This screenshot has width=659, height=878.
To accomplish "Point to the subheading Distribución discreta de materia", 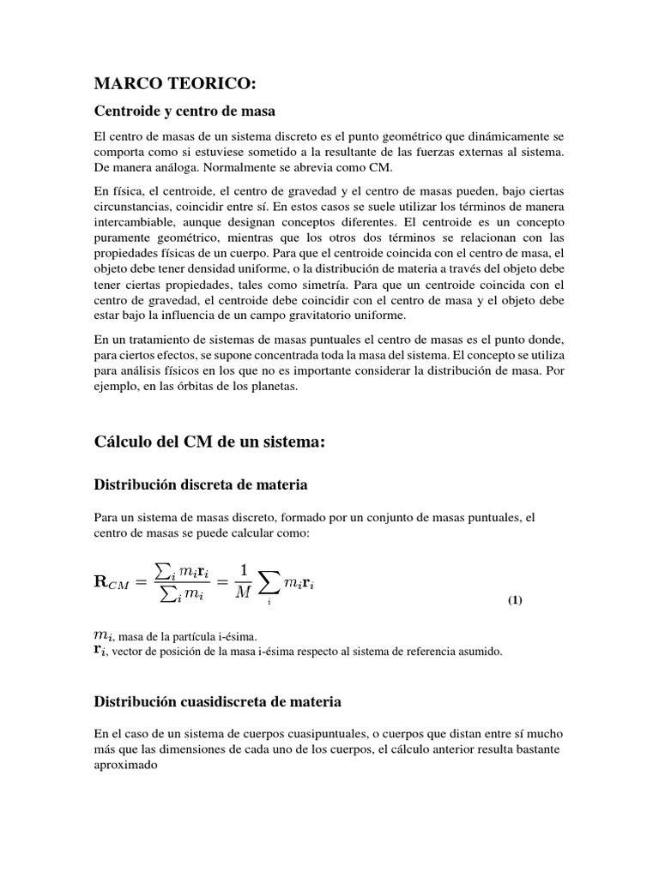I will (x=200, y=485).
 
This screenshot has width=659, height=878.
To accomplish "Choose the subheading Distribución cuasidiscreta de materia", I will (x=217, y=701).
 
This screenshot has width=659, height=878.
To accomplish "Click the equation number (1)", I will (x=514, y=600).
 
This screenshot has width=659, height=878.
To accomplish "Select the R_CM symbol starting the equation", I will (x=114, y=583).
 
